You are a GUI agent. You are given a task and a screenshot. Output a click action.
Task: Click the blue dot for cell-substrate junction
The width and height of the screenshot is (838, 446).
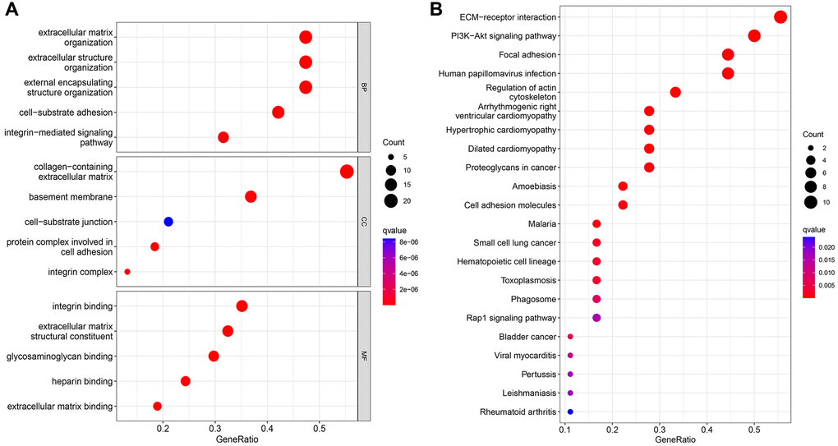(168, 222)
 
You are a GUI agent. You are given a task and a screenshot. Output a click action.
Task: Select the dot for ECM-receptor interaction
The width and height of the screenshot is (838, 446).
(780, 17)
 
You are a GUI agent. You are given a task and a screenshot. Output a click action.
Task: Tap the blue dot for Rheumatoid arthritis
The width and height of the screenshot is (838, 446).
(570, 412)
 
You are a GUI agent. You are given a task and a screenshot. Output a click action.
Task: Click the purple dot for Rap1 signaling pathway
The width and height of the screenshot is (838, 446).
(596, 318)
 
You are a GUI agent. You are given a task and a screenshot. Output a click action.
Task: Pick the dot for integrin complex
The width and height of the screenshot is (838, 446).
(127, 271)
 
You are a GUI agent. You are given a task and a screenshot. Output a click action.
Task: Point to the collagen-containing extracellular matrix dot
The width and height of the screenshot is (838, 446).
(347, 172)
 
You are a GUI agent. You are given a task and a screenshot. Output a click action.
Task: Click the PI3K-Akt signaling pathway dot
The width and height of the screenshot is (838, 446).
(754, 36)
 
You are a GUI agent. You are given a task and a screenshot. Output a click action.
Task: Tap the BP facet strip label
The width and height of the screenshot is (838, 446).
(365, 87)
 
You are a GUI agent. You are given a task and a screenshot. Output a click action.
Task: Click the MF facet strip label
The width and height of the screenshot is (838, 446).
(365, 356)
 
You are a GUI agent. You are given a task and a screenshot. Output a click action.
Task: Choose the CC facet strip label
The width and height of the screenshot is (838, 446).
(365, 222)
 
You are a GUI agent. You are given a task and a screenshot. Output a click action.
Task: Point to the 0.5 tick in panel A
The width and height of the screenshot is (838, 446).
(319, 429)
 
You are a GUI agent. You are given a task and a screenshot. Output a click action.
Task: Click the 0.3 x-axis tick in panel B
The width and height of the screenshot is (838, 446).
(660, 429)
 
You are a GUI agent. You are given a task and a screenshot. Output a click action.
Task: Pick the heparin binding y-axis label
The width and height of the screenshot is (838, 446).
(83, 381)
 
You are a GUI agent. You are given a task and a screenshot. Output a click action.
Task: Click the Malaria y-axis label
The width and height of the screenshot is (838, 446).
(541, 224)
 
